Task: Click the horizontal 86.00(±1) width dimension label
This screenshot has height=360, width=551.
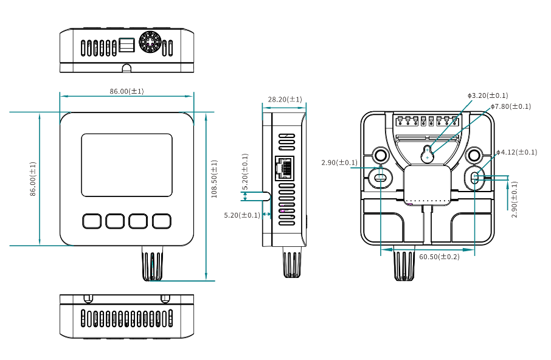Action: pos(126,91)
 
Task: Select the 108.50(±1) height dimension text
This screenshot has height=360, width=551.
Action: pos(214,179)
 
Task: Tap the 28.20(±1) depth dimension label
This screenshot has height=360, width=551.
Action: pos(285,99)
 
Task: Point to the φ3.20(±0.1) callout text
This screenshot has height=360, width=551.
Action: pos(488,95)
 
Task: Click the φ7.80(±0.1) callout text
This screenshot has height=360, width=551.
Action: pos(511,106)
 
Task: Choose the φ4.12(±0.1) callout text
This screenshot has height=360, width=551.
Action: pos(516,152)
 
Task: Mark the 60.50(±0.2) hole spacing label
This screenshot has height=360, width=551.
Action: pos(439,257)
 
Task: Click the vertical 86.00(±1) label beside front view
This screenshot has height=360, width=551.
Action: pos(33,179)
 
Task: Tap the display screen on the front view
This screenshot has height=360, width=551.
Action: pos(126,165)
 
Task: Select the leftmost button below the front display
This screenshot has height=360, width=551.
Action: pos(91,221)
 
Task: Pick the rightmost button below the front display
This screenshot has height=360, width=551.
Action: pos(162,221)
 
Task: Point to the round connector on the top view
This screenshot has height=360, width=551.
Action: pos(149,43)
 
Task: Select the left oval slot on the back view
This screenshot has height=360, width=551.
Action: pos(380,178)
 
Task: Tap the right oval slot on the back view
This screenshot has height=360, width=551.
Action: pos(476,178)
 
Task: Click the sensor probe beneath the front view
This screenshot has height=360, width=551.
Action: pos(153,263)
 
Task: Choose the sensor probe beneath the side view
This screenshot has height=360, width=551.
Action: pos(292,262)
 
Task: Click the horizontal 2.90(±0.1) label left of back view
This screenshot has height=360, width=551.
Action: pos(339,163)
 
